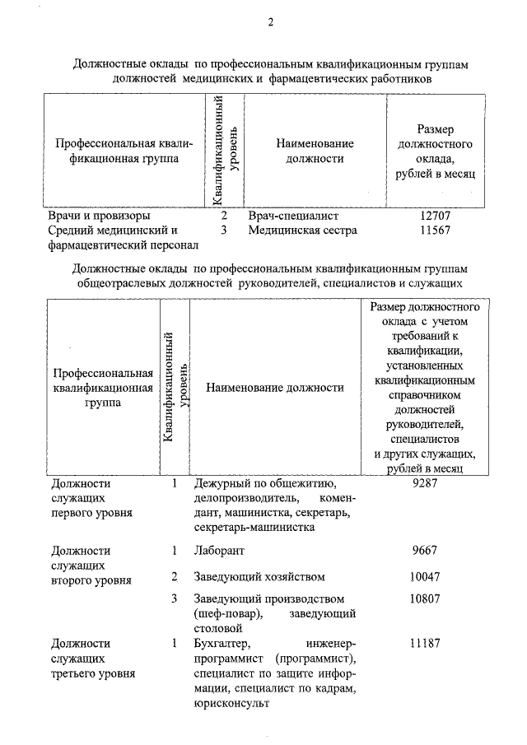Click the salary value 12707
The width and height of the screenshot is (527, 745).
436,216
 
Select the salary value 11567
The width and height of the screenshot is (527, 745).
436,230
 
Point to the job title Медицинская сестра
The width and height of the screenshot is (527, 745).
302,230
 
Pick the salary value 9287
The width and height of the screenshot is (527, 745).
423,484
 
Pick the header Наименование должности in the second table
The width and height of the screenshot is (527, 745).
274,387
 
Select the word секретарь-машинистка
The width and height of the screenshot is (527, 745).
251,528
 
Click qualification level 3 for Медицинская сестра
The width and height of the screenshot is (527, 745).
223,230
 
